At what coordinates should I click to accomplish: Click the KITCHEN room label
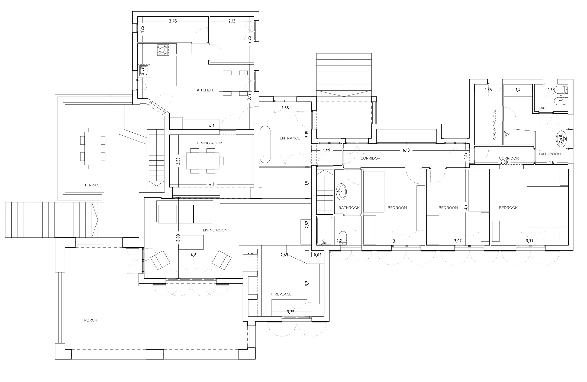pos(205,90)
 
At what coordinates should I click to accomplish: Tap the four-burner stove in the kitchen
pos(162,50)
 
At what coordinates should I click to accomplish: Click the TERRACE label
pos(93,185)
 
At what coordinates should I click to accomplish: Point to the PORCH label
pos(91,320)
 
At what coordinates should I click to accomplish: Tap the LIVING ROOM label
pos(215,230)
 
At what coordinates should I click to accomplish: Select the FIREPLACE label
pos(281,294)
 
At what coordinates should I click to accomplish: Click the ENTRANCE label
pos(290,138)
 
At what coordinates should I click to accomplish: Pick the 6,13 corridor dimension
pos(406,150)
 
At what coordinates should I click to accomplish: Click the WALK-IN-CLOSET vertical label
pos(494,124)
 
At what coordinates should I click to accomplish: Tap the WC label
pos(542,108)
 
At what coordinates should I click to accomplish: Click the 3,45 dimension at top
pos(173,21)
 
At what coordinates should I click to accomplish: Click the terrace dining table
pos(93,148)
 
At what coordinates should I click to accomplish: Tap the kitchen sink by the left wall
pos(144,71)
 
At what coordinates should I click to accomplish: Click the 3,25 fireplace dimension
pos(290,312)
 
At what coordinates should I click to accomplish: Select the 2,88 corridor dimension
pos(504,162)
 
